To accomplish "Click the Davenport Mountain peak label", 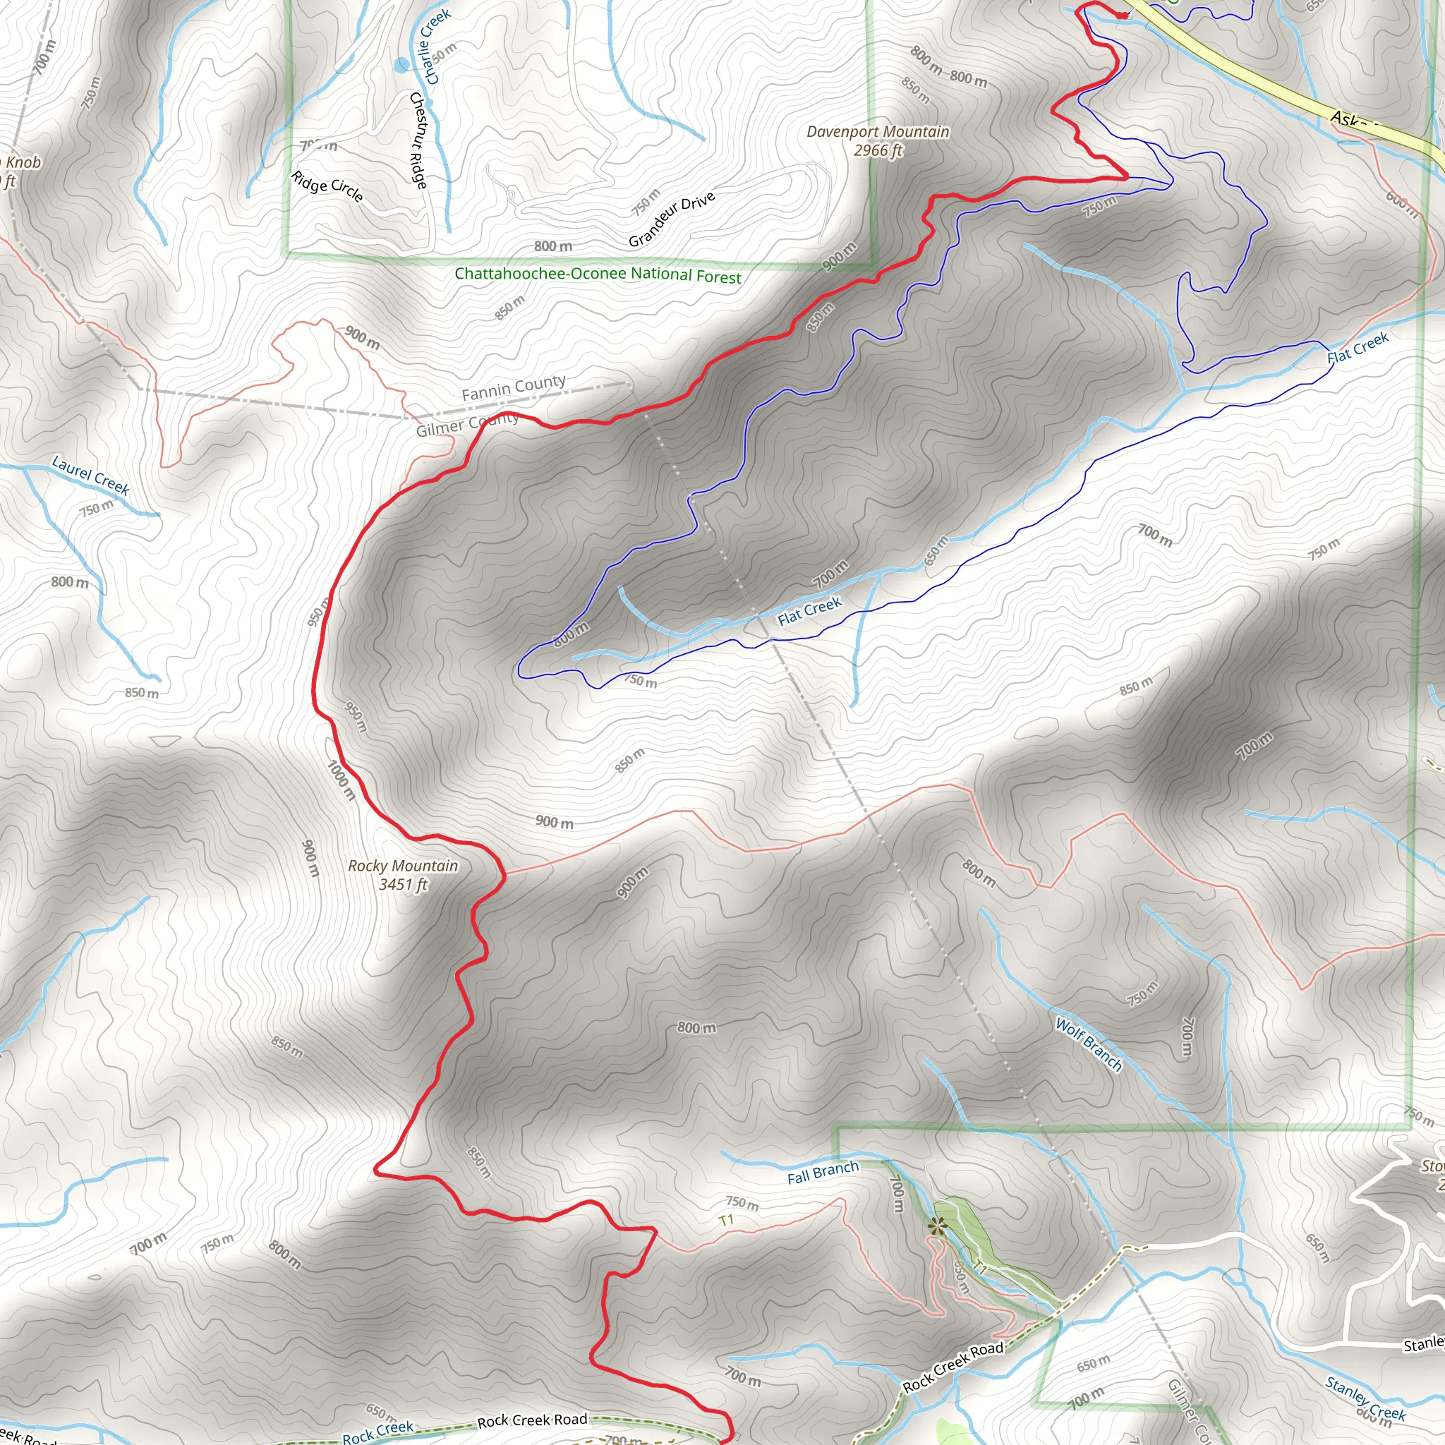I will [x=877, y=140].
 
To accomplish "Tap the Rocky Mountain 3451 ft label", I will [x=402, y=874].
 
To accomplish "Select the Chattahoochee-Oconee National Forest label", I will [x=598, y=274].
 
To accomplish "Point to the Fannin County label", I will [x=513, y=387].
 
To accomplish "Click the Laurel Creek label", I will [x=90, y=476].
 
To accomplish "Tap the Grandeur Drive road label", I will [x=671, y=219].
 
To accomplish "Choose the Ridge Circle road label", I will [x=327, y=186].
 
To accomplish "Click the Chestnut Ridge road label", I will [x=418, y=140].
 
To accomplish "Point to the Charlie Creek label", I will [x=437, y=47].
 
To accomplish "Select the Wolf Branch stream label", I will [x=1088, y=1044].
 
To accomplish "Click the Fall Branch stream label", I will [x=823, y=1172].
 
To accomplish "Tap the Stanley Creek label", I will [x=1365, y=1398].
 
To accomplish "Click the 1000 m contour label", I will [x=341, y=780].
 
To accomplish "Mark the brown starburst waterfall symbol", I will [x=936, y=1225].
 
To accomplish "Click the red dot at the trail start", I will [x=1122, y=15].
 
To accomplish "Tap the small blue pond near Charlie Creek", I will [x=402, y=65].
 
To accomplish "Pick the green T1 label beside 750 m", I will [x=725, y=1221].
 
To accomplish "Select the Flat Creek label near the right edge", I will [x=1358, y=348].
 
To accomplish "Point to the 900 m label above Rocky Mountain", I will [x=554, y=822].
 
